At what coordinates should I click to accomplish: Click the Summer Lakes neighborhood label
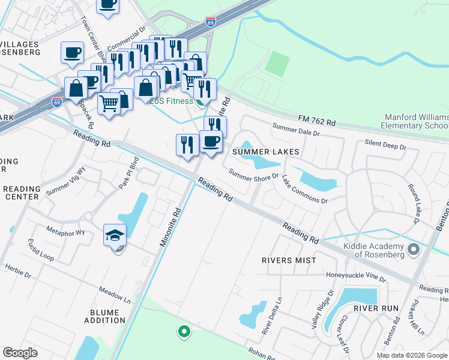[265, 152]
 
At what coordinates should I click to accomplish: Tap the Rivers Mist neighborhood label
[288, 260]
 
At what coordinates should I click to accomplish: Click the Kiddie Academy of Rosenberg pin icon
[413, 248]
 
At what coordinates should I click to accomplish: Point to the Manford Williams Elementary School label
[415, 121]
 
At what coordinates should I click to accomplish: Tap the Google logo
[20, 353]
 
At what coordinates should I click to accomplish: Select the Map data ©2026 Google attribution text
[412, 355]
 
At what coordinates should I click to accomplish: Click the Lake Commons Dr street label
[305, 190]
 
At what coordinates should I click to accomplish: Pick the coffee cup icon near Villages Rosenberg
[72, 52]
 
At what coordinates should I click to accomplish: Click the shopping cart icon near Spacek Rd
[109, 103]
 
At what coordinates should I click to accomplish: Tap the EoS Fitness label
[172, 101]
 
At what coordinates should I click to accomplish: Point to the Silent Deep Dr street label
[385, 145]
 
